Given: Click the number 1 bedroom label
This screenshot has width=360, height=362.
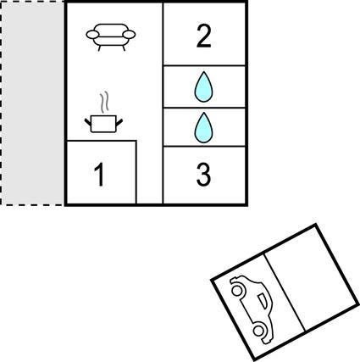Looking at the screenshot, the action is (100, 175).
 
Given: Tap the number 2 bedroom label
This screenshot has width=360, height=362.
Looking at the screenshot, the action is (203, 36).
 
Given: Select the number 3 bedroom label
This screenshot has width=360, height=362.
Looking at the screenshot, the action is (203, 175).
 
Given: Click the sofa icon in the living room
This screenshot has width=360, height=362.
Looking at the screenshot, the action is (111, 37).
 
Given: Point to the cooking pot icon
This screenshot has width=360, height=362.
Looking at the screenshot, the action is (103, 124).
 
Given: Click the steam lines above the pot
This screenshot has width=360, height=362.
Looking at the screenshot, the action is (105, 102).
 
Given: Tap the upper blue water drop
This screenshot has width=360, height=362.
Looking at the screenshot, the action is (203, 86).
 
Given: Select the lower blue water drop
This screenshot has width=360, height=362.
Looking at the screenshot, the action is (203, 127).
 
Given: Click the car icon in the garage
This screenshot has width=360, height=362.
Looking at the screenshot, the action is (252, 309).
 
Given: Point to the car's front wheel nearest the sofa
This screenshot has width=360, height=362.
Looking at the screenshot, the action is (237, 290).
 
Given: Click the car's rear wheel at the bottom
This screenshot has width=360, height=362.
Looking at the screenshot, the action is (259, 331).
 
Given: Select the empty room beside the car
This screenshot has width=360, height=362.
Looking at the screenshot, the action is (312, 278).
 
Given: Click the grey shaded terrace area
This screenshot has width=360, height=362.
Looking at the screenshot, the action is (32, 103).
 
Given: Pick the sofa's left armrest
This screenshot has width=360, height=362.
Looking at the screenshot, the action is (92, 35).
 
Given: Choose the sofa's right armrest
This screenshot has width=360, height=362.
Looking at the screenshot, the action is (130, 35).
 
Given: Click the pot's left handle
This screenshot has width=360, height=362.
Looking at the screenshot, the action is (88, 122).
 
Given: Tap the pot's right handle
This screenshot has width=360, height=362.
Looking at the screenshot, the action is (119, 122).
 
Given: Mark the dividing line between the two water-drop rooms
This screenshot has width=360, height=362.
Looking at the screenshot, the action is (204, 108).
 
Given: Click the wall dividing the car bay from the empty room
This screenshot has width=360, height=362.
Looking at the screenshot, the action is (285, 292).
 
